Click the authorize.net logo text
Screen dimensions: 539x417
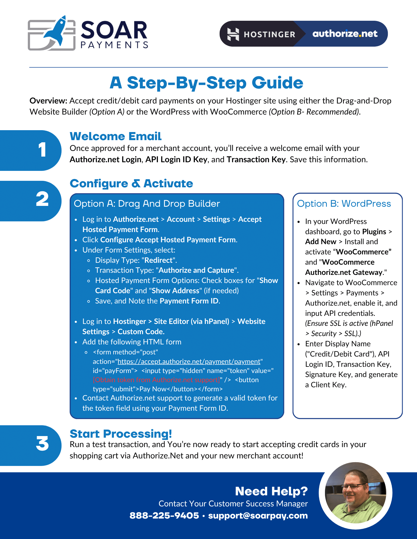pyautogui.click(x=345, y=34)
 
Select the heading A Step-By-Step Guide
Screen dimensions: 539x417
pyautogui.click(x=206, y=82)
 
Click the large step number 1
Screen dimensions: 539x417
pyautogui.click(x=42, y=150)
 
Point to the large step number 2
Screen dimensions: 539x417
pyautogui.click(x=42, y=199)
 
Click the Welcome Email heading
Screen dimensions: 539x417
pyautogui.click(x=116, y=136)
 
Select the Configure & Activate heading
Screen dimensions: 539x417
pyautogui.click(x=131, y=184)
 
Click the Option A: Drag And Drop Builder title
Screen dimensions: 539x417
pyautogui.click(x=147, y=204)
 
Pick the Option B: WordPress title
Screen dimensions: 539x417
pyautogui.click(x=344, y=204)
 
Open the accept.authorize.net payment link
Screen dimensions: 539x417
pyautogui.click(x=189, y=361)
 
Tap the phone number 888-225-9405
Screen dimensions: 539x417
pyautogui.click(x=164, y=516)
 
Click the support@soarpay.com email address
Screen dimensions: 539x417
pyautogui.click(x=258, y=516)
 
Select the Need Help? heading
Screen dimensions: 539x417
pyautogui.click(x=271, y=491)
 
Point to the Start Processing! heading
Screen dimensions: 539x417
pyautogui.click(x=121, y=434)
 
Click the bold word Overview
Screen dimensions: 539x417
pyautogui.click(x=48, y=101)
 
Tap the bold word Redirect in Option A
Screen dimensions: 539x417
pyautogui.click(x=158, y=260)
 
